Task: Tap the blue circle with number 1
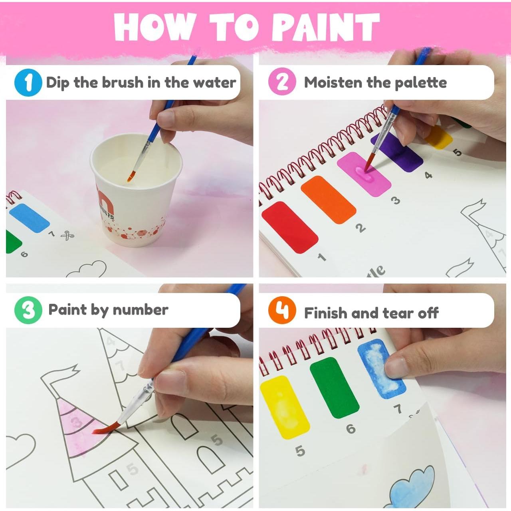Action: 28,83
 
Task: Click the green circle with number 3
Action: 28,310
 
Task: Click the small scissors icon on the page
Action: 67,236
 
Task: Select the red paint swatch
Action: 290,227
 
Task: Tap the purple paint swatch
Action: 396,152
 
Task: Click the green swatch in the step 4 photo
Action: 334,387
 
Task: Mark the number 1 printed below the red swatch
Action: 322,257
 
